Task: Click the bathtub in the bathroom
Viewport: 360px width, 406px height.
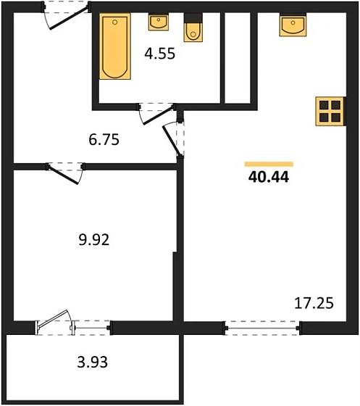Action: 115,46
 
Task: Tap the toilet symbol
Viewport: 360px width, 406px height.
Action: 193,28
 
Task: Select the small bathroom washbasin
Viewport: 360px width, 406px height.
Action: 159,22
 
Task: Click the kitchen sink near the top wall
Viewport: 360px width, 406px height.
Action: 293,25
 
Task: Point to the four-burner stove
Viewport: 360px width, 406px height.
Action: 330,112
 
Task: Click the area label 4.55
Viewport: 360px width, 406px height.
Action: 160,54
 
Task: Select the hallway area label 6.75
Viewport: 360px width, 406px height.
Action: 104,139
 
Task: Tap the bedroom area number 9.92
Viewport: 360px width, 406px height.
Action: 94,239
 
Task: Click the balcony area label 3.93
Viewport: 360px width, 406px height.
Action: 92,362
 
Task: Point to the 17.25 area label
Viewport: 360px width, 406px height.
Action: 314,303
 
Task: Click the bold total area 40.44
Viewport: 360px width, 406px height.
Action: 269,178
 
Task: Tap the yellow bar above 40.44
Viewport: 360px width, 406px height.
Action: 269,164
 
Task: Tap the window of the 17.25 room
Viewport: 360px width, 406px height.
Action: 262,328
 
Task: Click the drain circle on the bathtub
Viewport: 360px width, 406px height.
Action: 115,22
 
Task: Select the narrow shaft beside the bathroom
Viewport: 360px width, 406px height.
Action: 238,58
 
